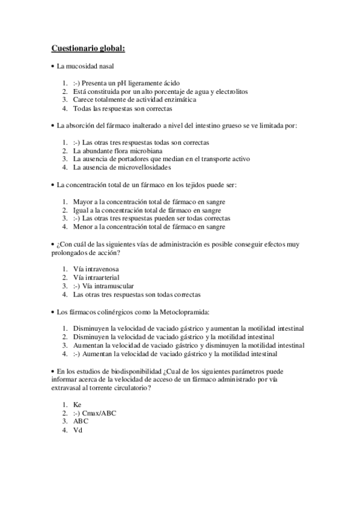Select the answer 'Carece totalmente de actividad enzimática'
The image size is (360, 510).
coord(134,100)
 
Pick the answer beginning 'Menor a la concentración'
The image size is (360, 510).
coord(149,227)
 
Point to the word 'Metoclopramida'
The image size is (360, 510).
coord(180,312)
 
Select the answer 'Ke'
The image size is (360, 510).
coord(77,406)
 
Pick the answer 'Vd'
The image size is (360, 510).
coord(77,431)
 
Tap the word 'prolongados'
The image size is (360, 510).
coord(69,253)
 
